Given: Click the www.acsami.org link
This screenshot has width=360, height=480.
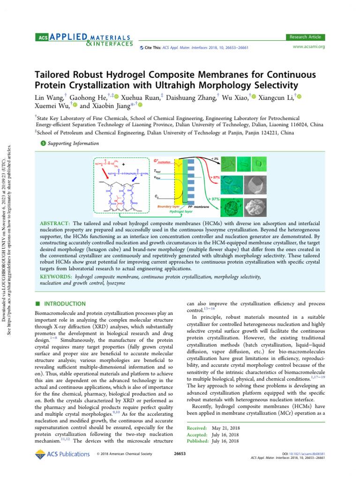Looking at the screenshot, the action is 308,46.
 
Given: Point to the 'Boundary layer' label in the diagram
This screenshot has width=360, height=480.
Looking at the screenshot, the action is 169,206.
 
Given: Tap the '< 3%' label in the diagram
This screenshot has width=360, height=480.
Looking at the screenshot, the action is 215,158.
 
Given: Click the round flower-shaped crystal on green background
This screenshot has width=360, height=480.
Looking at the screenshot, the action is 232,206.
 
